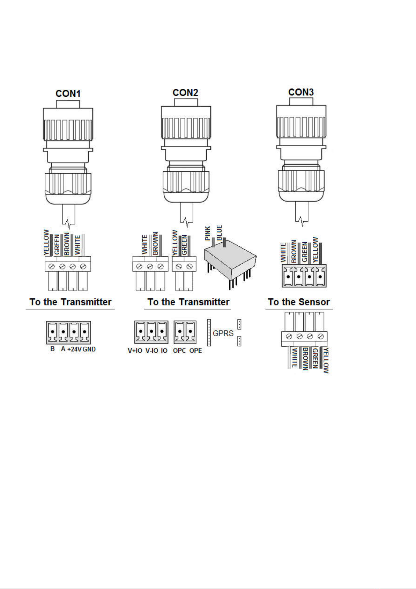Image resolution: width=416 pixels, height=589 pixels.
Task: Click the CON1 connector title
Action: pos(68,94)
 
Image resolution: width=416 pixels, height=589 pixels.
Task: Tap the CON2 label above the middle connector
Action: pos(185,93)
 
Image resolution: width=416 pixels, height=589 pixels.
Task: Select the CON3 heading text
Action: pos(301,92)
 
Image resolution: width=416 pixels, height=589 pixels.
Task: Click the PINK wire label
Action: pos(208,233)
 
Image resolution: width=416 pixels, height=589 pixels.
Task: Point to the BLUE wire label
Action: pos(219,232)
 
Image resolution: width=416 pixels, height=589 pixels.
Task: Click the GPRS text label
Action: pos(223,333)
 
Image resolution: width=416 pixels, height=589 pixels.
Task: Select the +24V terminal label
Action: pos(74,349)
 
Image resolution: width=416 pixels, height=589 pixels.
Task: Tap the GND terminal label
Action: pos(89,349)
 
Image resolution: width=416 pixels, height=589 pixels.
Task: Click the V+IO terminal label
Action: pos(135,351)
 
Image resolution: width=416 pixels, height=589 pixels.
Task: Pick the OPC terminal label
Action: pos(179,351)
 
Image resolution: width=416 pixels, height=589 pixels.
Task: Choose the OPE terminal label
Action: pos(195,351)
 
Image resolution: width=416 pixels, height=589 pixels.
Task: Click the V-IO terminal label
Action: pos(152,351)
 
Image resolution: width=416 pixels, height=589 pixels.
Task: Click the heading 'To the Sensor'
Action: pos(299,302)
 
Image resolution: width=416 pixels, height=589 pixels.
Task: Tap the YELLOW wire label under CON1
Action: pos(46,242)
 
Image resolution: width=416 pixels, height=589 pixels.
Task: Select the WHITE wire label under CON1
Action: pos(77,245)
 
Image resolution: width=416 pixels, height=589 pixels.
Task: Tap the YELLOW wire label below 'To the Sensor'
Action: pos(326,360)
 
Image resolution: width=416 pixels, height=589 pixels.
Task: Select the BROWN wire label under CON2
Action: pos(155,243)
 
